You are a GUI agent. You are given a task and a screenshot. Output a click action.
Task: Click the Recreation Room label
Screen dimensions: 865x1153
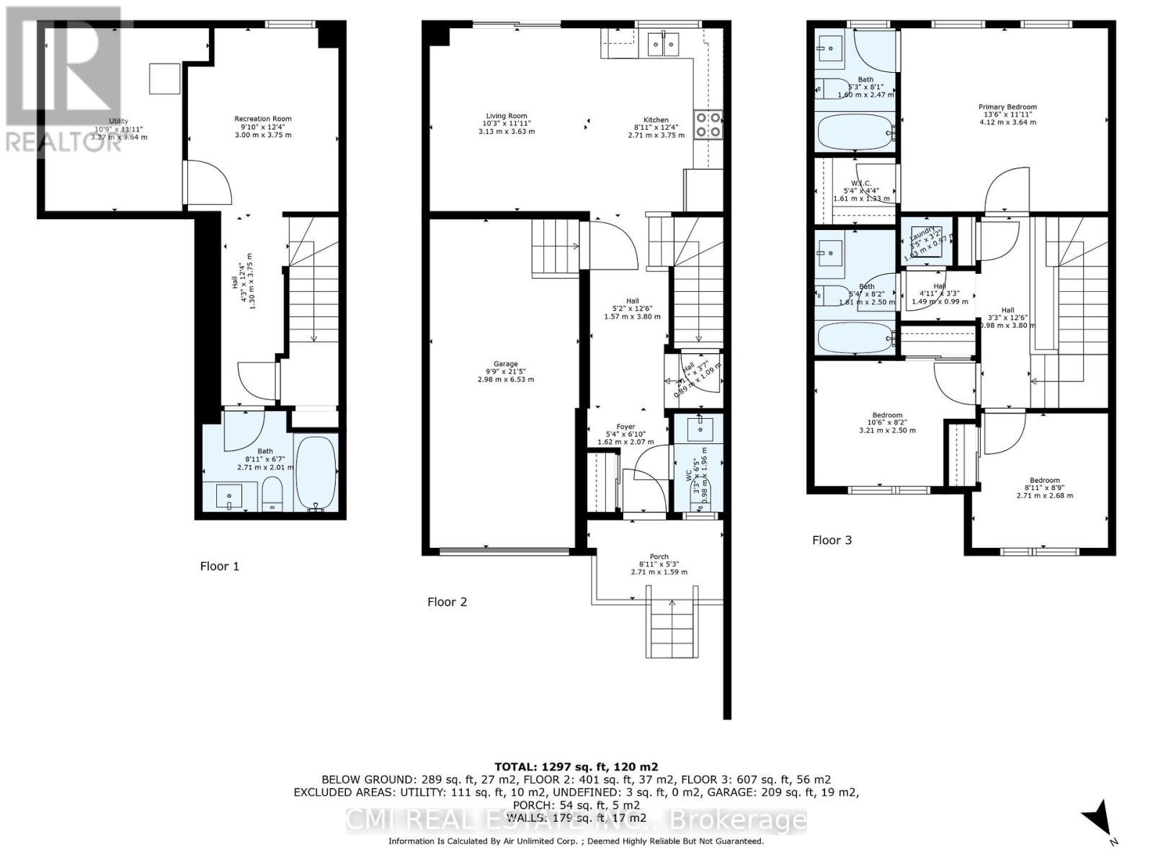(x=262, y=119)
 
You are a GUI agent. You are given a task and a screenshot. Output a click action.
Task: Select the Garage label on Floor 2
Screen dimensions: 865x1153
(x=506, y=364)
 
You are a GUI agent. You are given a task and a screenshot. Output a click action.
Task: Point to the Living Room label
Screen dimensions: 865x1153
(x=506, y=116)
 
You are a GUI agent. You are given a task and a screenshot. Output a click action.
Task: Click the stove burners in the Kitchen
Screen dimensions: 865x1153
(x=708, y=125)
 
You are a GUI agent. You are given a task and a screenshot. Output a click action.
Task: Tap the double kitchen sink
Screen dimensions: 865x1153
(x=663, y=45)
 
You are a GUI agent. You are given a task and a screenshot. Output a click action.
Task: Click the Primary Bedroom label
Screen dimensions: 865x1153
(x=1007, y=107)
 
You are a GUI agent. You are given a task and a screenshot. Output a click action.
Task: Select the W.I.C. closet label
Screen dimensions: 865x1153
(x=861, y=182)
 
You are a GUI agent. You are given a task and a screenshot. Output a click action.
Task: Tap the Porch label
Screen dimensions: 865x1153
(x=659, y=556)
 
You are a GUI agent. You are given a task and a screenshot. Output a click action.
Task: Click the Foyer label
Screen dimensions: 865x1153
(x=626, y=427)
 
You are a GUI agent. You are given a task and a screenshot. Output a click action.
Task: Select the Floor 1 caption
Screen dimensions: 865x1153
(x=219, y=566)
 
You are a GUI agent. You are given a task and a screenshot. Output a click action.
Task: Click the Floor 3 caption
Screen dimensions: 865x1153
(x=832, y=540)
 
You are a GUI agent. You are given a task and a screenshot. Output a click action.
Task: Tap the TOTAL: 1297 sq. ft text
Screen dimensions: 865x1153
(x=576, y=767)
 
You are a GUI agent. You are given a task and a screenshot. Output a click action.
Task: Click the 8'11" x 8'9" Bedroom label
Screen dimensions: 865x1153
(x=1044, y=480)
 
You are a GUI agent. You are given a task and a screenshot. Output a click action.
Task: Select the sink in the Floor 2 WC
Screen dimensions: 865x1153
(x=700, y=429)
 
